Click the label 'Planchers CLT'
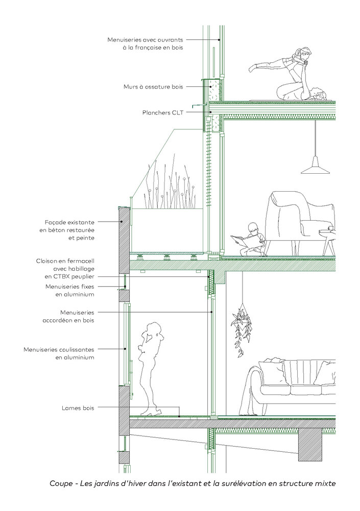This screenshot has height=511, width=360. pyautogui.click(x=163, y=113)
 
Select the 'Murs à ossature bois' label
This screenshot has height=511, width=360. pyautogui.click(x=153, y=87)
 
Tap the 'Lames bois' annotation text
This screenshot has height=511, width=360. pyautogui.click(x=78, y=408)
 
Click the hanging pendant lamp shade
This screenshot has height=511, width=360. pyautogui.click(x=315, y=166)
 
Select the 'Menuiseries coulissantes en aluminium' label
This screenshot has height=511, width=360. pyautogui.click(x=59, y=354)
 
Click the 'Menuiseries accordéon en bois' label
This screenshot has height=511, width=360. pyautogui.click(x=68, y=316)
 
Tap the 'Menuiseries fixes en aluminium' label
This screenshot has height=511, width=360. pyautogui.click(x=70, y=290)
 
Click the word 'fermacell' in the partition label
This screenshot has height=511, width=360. pyautogui.click(x=80, y=261)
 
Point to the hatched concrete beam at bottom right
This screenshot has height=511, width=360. pyautogui.click(x=310, y=445)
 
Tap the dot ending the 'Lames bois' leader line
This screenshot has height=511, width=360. pyautogui.click(x=180, y=416)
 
